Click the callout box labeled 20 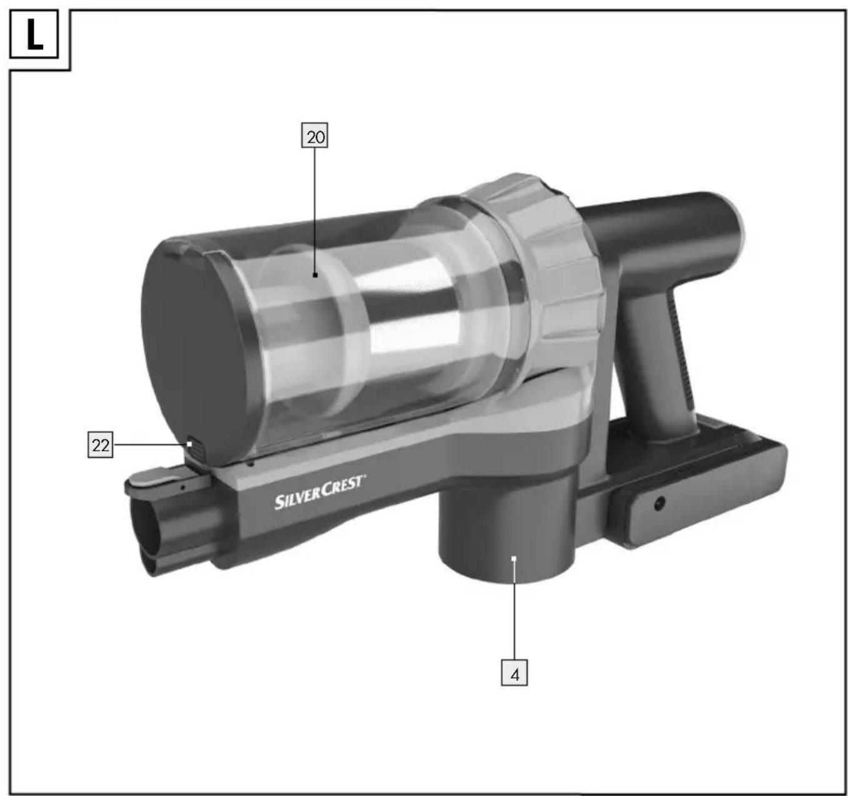coord(315,136)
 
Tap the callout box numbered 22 coord(101,445)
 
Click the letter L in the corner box coord(34,34)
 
